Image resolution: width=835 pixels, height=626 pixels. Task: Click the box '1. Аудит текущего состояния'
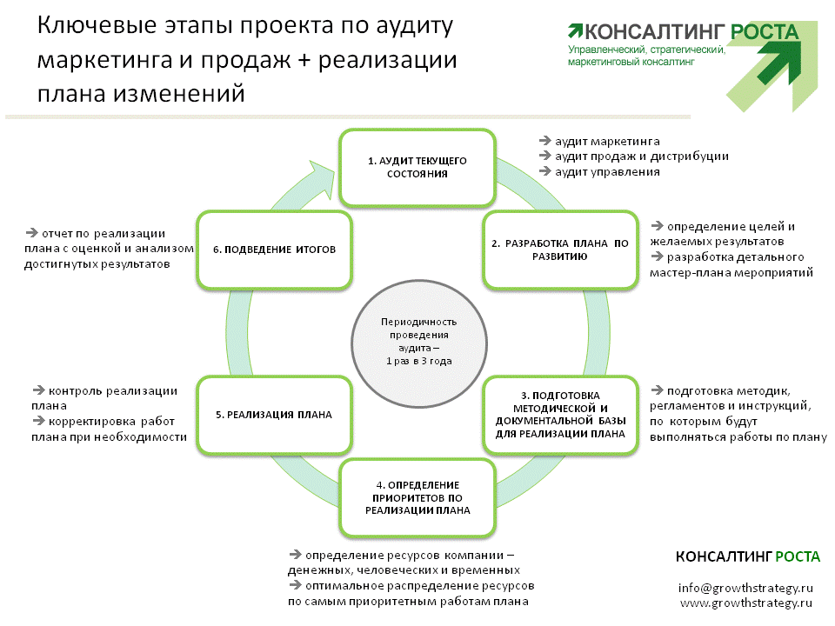point(417,167)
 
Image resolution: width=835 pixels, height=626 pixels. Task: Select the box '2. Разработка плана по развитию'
point(560,250)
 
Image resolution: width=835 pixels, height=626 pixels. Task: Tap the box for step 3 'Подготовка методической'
point(560,415)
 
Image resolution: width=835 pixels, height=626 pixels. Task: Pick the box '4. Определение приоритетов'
point(417,497)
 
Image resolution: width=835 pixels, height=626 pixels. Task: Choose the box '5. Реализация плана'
point(274,415)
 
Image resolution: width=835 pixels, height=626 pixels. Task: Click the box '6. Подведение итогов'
point(274,250)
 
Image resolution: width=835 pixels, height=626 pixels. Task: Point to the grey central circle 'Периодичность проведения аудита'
point(419,343)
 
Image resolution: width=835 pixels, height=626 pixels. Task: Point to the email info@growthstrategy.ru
point(745,589)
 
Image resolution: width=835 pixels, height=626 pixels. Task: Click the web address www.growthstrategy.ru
point(746,603)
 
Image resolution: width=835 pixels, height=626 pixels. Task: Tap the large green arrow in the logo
point(778,61)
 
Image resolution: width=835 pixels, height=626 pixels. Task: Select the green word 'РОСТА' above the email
point(798,556)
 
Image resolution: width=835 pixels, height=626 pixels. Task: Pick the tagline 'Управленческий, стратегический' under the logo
point(646,50)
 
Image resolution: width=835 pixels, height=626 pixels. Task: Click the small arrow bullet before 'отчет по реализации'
point(31,233)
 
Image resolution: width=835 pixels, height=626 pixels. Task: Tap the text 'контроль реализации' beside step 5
point(113,391)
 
